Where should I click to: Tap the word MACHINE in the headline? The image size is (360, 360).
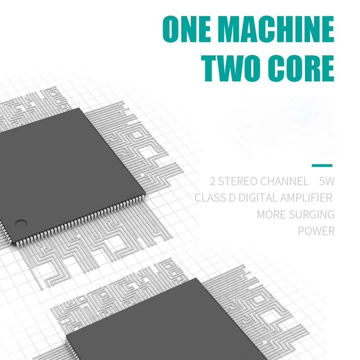276,30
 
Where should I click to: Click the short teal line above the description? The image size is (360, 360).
322,165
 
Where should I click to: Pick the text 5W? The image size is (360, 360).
327,181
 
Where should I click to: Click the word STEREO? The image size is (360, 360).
238,181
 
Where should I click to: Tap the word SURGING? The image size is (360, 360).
313,214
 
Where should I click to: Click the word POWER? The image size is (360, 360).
316,231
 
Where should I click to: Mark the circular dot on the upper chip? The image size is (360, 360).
21,223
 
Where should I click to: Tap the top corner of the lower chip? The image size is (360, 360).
195,279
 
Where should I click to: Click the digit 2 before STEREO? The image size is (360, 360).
212,181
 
